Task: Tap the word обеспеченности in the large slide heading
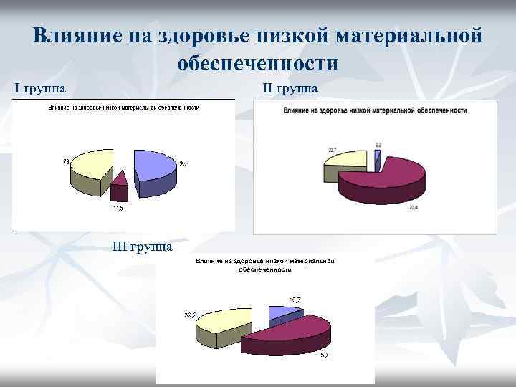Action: point(257,63)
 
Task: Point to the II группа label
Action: point(290,88)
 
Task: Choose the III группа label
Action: point(143,247)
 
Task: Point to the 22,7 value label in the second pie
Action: point(332,150)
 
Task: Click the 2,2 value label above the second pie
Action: point(378,145)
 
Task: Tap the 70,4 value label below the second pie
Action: point(414,208)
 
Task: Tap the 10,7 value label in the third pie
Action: point(295,299)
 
